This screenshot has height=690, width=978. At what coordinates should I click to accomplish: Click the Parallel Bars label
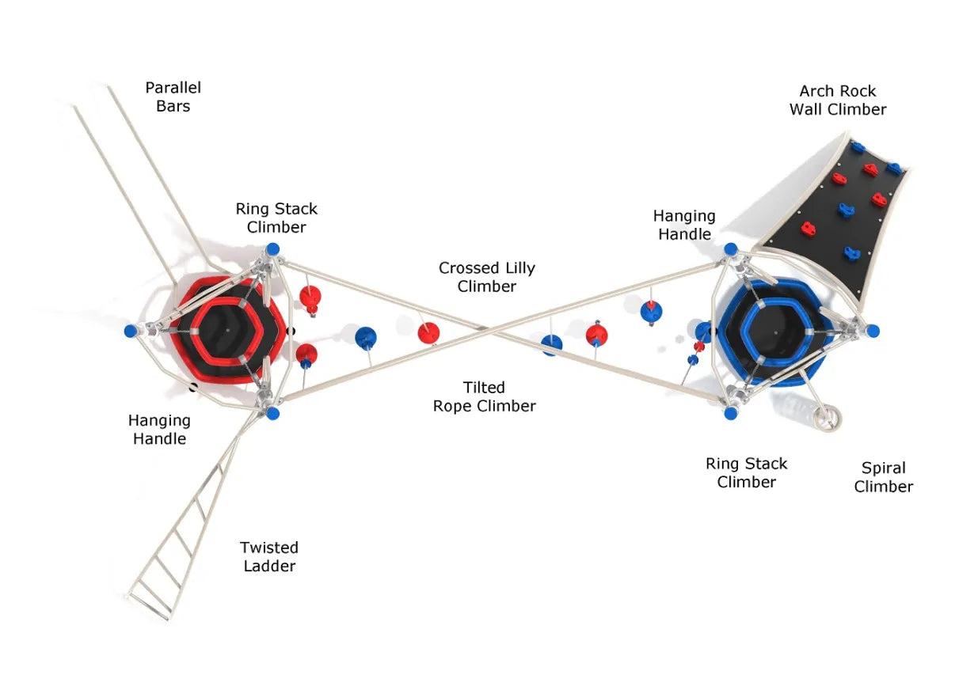tap(173, 97)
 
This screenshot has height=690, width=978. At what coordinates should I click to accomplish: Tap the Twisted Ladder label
tap(269, 556)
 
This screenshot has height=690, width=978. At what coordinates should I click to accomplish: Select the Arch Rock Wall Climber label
tap(838, 100)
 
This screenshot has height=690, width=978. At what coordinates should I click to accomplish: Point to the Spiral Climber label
tap(883, 477)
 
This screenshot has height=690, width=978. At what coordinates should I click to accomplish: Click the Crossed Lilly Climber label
tap(486, 277)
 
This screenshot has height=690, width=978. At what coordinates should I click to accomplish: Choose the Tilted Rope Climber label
tap(484, 396)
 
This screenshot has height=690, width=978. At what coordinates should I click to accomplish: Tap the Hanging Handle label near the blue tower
tap(684, 225)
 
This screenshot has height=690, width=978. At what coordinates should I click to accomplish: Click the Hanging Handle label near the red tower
tap(159, 430)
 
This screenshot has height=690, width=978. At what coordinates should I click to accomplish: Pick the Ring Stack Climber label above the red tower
tap(276, 218)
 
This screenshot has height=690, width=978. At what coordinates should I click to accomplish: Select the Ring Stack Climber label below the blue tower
tap(746, 472)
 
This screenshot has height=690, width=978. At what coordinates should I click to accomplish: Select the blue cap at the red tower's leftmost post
tap(131, 331)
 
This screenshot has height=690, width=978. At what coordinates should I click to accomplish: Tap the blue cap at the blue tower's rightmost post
tap(873, 331)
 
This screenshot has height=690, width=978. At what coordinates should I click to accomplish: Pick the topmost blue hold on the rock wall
tap(857, 147)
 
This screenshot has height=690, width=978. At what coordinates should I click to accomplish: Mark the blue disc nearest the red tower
tap(366, 338)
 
